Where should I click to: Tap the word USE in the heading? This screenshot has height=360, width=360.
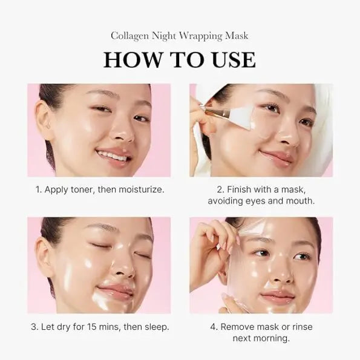(x=230, y=59)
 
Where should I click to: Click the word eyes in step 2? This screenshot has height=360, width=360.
(x=260, y=201)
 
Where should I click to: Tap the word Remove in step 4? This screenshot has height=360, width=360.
(x=239, y=327)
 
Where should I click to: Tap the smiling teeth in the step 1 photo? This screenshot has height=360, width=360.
(x=113, y=155)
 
